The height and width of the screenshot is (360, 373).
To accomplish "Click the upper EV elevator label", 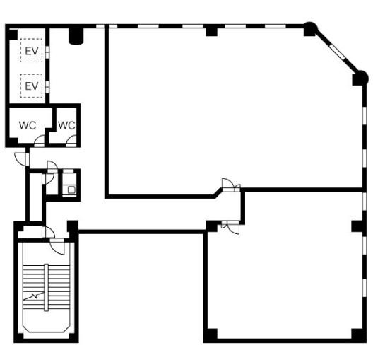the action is (32, 51).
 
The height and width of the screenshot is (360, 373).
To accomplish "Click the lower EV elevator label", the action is (32, 86).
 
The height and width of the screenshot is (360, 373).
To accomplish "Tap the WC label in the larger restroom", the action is (28, 125).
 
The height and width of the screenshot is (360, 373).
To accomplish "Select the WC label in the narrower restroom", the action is (66, 125).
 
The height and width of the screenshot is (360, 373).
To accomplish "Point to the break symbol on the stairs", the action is (34, 296).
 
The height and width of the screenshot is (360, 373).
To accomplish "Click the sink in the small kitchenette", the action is (71, 190).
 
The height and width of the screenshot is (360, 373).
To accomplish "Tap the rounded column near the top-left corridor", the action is (76, 36).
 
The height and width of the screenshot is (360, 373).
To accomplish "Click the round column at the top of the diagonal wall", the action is (310, 28).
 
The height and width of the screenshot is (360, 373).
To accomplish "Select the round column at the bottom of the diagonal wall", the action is (360, 78).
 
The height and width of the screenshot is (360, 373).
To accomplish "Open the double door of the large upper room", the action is (231, 185).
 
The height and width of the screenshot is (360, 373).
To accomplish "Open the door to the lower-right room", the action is (230, 227).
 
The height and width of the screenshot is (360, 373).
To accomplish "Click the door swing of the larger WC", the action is (40, 141).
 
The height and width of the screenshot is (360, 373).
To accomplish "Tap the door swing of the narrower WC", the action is (71, 141).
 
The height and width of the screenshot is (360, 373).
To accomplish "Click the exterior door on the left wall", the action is (22, 159).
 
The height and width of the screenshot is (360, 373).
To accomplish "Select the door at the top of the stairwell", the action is (57, 247).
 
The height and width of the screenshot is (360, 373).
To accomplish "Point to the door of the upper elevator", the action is (47, 52).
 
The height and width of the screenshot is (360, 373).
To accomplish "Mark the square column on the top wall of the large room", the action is (211, 32).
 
